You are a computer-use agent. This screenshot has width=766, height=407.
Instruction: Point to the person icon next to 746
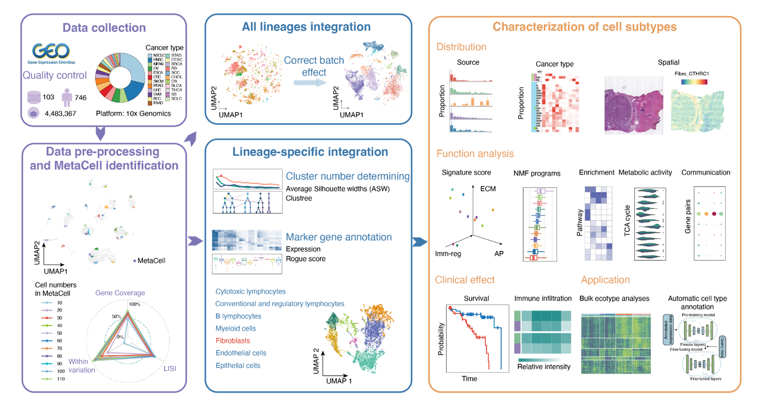click(67, 97)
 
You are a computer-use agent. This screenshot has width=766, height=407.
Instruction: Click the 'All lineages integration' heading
click(306, 26)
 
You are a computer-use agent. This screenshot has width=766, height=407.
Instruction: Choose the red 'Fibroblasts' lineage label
click(232, 341)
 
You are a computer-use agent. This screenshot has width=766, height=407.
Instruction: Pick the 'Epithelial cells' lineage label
click(238, 365)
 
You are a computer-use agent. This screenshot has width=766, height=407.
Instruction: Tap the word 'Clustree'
click(299, 198)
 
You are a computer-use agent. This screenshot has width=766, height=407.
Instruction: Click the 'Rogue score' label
click(306, 258)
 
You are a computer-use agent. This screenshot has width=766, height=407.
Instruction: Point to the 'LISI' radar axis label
click(170, 368)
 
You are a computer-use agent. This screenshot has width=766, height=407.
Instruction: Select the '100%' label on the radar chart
click(135, 304)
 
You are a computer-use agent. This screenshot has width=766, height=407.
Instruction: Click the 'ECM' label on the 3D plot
click(488, 189)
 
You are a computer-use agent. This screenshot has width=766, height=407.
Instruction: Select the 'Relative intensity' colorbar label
click(544, 366)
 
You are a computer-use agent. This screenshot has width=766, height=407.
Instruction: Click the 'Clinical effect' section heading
click(464, 280)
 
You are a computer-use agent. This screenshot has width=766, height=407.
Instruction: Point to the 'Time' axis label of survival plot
click(469, 378)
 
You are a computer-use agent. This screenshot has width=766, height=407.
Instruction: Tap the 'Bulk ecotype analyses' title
click(614, 299)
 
